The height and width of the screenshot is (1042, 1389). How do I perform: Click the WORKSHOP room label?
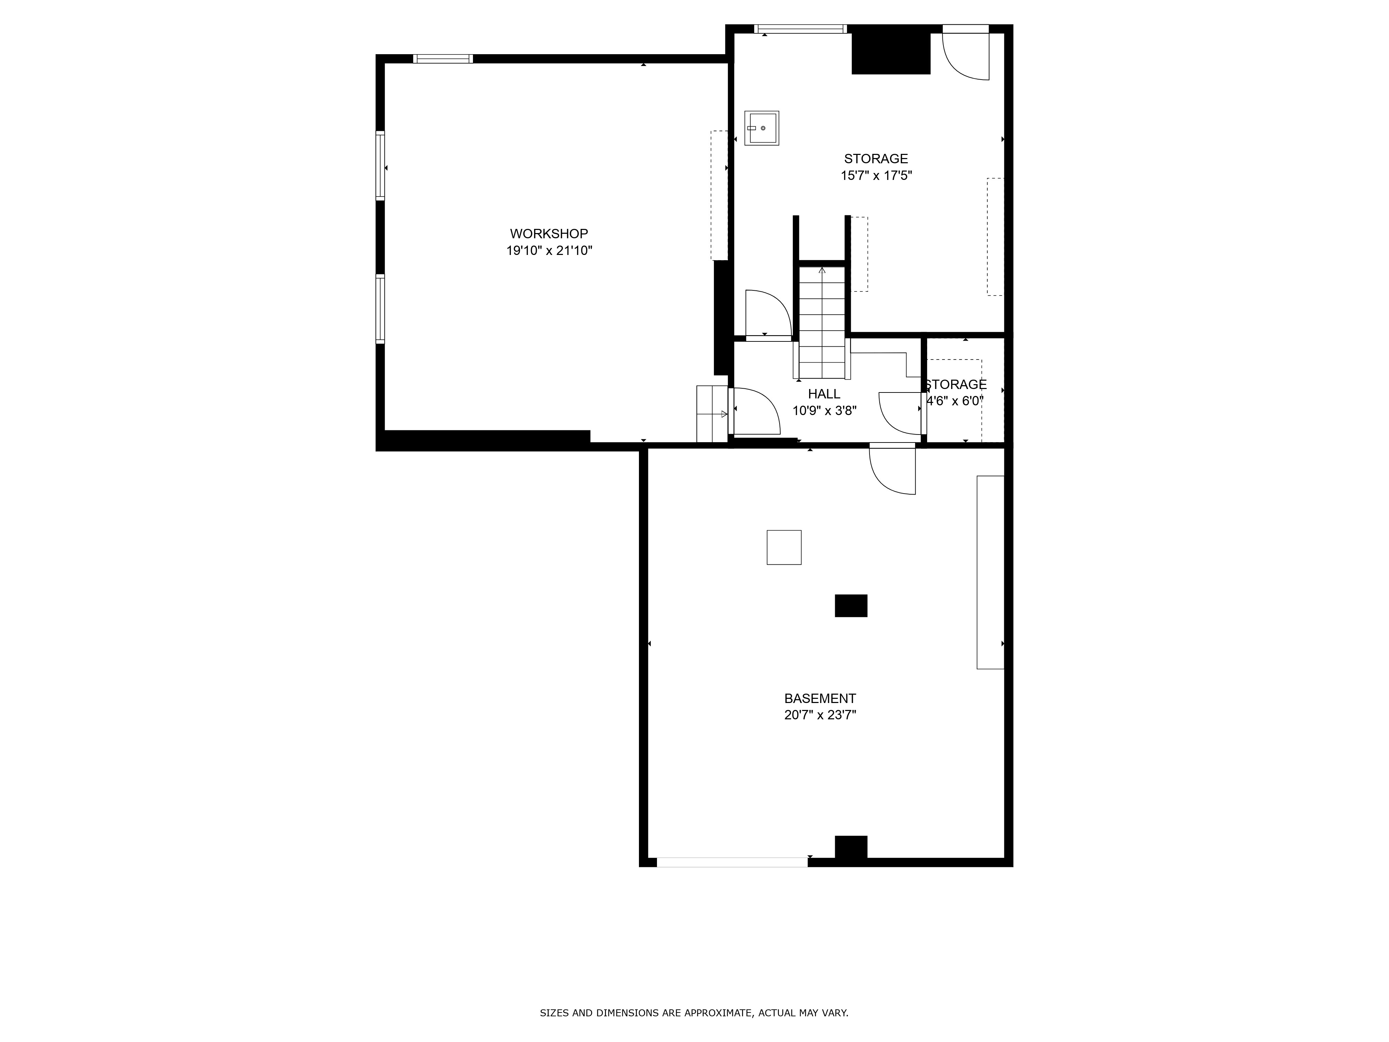pyautogui.click(x=549, y=234)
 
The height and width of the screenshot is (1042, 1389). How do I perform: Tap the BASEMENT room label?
pyautogui.click(x=820, y=698)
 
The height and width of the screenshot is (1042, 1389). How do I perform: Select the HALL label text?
pyautogui.click(x=824, y=394)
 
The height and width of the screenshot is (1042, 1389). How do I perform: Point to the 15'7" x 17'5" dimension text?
pyautogui.click(x=876, y=175)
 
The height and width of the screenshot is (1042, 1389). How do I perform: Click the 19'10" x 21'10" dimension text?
pyautogui.click(x=549, y=251)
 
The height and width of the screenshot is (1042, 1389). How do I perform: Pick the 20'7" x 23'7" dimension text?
pyautogui.click(x=820, y=715)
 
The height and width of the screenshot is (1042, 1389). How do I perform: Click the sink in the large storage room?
pyautogui.click(x=762, y=128)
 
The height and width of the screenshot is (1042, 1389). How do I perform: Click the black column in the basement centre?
pyautogui.click(x=851, y=605)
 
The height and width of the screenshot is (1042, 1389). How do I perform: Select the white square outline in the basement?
pyautogui.click(x=784, y=547)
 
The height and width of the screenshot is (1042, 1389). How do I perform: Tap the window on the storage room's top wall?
pyautogui.click(x=801, y=29)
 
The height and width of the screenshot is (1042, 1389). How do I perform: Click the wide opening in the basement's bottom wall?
pyautogui.click(x=732, y=862)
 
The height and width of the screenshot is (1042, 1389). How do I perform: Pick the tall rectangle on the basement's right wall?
pyautogui.click(x=990, y=572)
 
